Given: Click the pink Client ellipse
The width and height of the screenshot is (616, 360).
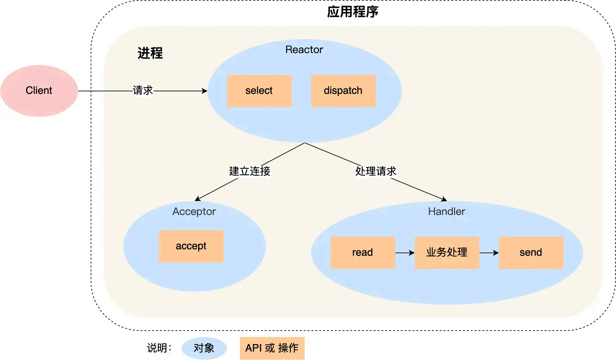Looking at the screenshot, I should click(x=39, y=91).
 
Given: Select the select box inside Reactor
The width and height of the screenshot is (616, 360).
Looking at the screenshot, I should click(x=259, y=91).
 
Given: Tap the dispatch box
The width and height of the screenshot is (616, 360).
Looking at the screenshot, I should click(x=343, y=91).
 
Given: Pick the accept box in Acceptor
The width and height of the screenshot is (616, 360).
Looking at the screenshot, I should click(x=191, y=246).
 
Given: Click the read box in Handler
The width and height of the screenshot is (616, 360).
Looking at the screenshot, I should click(x=363, y=253).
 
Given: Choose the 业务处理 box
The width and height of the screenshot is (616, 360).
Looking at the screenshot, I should click(x=447, y=253).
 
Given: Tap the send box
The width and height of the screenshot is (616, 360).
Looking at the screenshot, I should click(x=531, y=253).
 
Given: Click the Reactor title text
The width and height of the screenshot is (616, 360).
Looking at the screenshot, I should click(x=304, y=50).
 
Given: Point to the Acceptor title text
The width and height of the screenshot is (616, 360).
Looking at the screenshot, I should click(x=194, y=212).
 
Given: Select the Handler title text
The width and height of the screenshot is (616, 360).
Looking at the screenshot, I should click(x=446, y=212).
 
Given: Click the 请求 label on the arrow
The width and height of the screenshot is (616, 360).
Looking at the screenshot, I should click(x=143, y=91).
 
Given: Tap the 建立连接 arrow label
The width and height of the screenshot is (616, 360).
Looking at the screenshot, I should click(x=250, y=171).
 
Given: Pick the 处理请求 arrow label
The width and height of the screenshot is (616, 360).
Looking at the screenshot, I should click(x=376, y=171).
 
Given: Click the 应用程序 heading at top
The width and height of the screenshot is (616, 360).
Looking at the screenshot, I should click(x=353, y=12).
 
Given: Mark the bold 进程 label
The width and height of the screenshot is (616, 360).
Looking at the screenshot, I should click(x=150, y=53).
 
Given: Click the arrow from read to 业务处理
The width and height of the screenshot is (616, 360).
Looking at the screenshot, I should click(x=404, y=253).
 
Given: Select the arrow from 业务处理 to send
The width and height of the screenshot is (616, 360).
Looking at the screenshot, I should click(x=489, y=253).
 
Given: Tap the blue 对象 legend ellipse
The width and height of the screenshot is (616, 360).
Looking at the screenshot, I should click(x=204, y=348).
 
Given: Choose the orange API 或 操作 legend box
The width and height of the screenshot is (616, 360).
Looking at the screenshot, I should click(x=272, y=348).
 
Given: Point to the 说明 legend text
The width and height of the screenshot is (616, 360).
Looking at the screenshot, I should click(x=159, y=348).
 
